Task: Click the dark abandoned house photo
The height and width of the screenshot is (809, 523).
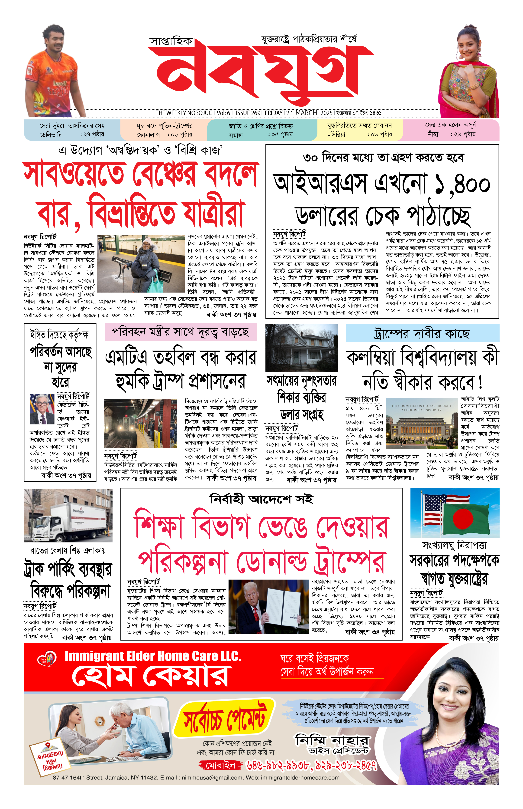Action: click(x=302, y=347)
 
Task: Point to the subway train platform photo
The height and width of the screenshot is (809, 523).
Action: click(x=141, y=423)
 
